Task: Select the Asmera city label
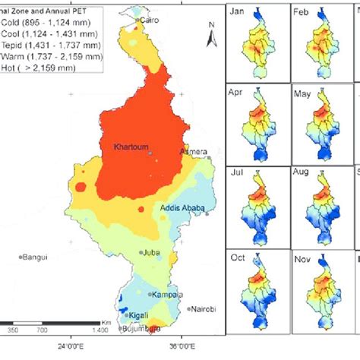[x=193, y=152]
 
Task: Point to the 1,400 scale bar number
[x=99, y=332]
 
